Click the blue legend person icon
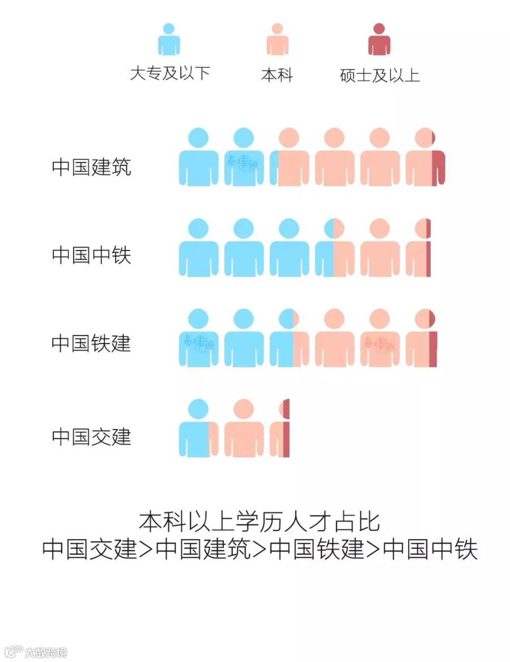[169, 40]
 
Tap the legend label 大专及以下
[170, 73]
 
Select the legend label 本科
[277, 75]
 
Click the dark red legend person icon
[379, 40]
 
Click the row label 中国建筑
[91, 167]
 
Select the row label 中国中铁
[91, 254]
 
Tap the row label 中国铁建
[91, 343]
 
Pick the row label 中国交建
[91, 436]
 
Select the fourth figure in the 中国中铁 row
[334, 248]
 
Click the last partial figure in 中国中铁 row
[419, 248]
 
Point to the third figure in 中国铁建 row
[289, 338]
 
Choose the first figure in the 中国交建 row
[198, 429]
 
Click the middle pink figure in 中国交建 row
[244, 429]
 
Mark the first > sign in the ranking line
[146, 549]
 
